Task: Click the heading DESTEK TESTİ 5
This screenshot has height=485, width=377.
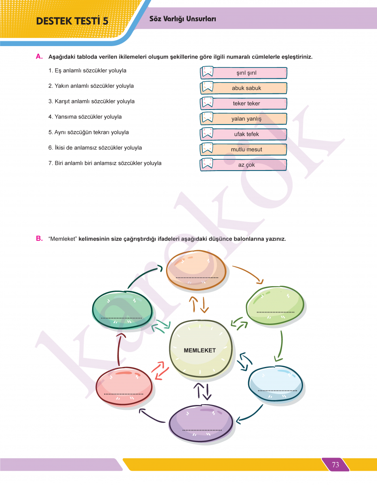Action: [x=72, y=21]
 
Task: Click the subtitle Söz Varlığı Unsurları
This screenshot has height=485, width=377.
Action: [x=183, y=19]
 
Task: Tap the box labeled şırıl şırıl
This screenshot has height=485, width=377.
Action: [x=246, y=73]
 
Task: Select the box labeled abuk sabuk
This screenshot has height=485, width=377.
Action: [x=246, y=88]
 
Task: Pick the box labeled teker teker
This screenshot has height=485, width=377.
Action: [x=246, y=103]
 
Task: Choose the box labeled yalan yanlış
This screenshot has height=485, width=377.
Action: [x=246, y=119]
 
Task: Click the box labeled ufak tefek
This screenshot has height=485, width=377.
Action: [x=246, y=134]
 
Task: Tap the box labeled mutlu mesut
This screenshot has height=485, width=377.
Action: [x=246, y=150]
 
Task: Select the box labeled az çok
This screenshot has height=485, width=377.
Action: [x=246, y=165]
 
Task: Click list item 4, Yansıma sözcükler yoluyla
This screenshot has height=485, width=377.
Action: [x=85, y=117]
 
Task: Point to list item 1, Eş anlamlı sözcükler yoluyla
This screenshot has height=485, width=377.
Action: [x=87, y=71]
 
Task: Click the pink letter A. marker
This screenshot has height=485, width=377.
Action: [x=39, y=57]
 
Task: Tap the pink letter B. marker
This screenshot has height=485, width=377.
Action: [x=39, y=238]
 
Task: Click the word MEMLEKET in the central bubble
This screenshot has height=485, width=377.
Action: [x=200, y=350]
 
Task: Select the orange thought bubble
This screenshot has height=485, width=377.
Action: [x=196, y=269]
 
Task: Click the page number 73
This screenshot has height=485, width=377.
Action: [x=335, y=465]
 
